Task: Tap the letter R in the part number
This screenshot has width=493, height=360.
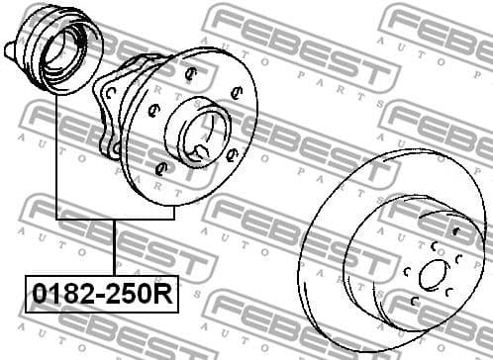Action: tap(161, 294)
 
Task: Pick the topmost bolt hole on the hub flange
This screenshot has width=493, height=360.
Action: tap(191, 71)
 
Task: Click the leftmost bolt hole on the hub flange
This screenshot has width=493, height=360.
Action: tap(151, 111)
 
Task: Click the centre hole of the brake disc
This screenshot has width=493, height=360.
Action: tap(432, 276)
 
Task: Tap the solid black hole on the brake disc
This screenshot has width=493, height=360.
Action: tap(454, 232)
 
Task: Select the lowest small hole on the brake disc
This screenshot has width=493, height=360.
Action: tap(436, 309)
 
